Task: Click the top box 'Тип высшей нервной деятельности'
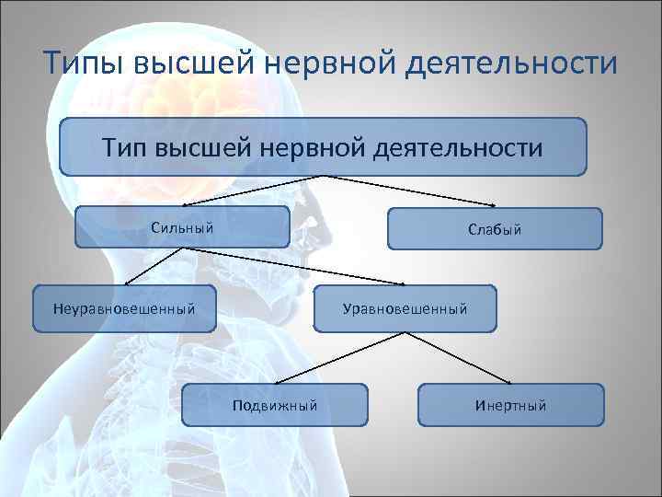coord(323,146)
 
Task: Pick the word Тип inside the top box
coord(122,146)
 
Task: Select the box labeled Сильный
coord(182,227)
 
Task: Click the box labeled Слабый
coord(495,229)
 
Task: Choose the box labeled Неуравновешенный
coord(124,308)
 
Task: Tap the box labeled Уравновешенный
coord(405,308)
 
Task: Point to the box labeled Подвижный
coord(274,405)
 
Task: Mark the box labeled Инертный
coord(511,405)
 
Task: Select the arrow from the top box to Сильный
coord(248,191)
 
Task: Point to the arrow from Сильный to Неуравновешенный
coord(147,267)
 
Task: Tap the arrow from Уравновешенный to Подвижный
coord(322,357)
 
